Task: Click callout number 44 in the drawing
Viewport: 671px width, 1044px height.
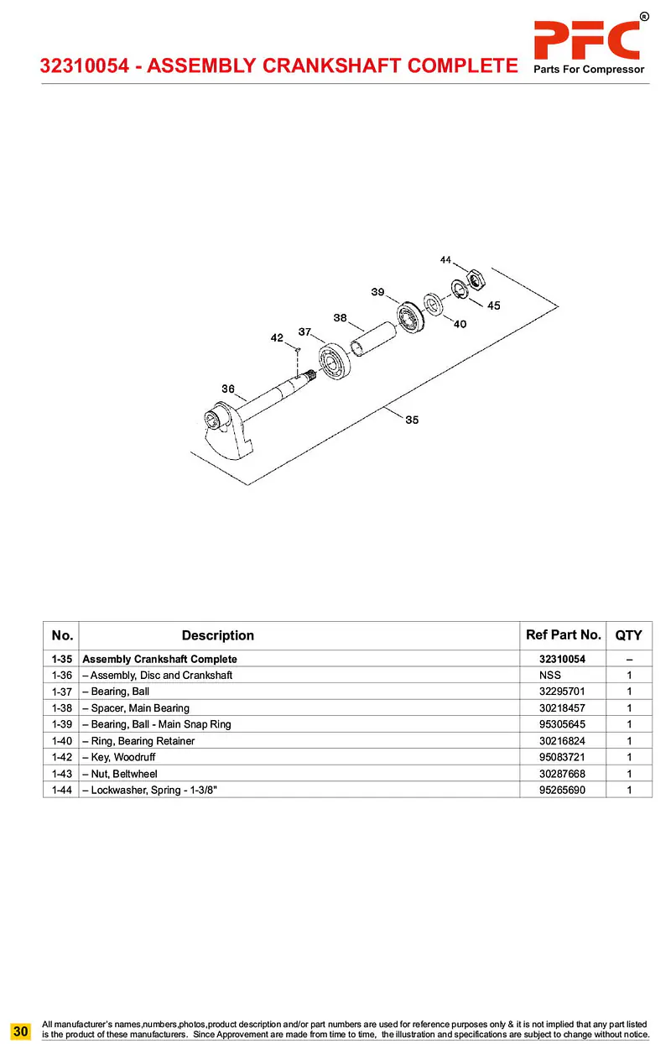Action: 445,260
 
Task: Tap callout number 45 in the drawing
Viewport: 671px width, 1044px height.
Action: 493,305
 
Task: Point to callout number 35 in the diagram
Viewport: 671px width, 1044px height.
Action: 412,420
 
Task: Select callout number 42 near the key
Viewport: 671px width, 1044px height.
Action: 277,337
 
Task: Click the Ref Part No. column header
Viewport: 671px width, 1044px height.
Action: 563,635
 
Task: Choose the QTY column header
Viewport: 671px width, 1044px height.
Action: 628,635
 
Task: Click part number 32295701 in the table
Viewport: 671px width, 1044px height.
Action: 562,692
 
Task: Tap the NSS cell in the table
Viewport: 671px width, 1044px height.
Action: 550,675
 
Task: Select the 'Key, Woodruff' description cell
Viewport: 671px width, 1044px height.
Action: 118,757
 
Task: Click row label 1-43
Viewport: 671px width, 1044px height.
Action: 61,774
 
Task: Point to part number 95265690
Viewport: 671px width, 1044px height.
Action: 562,790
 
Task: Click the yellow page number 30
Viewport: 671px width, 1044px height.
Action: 21,1030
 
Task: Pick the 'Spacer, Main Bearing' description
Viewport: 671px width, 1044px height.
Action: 136,708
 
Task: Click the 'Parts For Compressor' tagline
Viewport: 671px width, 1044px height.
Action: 589,70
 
